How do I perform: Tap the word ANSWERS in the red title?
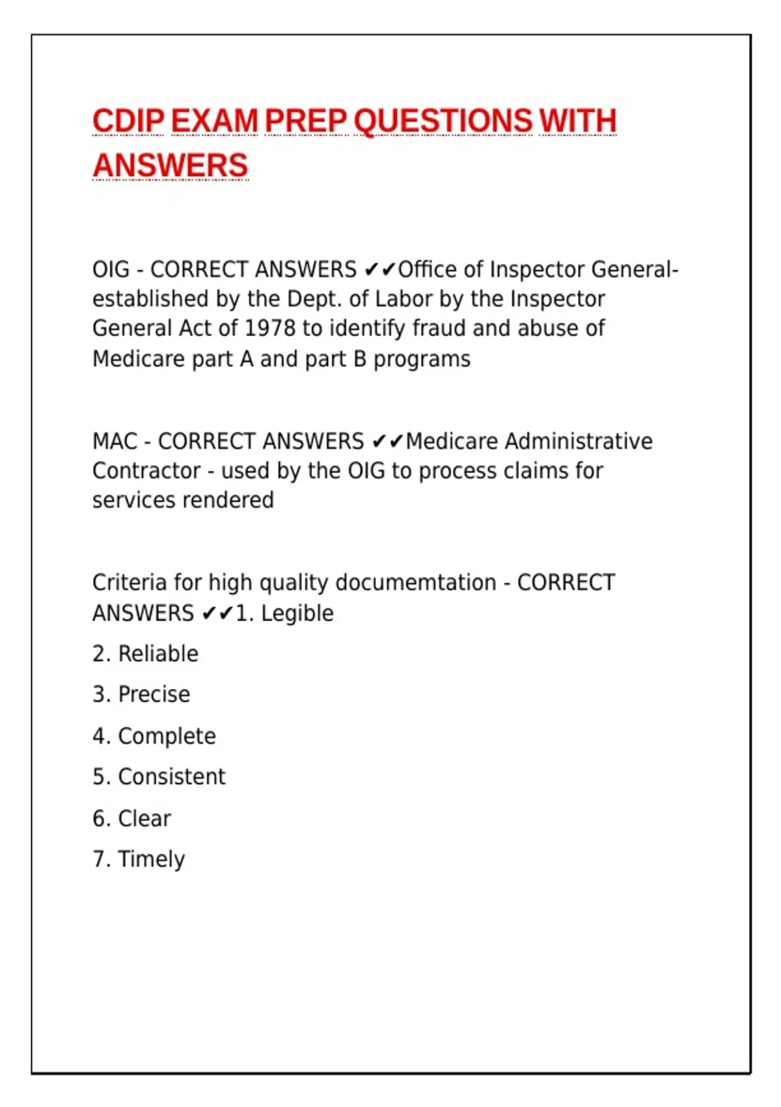click(x=171, y=165)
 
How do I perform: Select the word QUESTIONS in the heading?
click(x=443, y=121)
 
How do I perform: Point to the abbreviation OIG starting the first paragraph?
click(x=111, y=270)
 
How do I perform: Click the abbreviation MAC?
click(x=115, y=441)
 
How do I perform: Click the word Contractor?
click(x=146, y=471)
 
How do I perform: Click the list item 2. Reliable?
click(x=145, y=654)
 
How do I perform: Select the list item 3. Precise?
click(x=141, y=695)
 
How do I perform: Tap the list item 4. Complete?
click(x=154, y=736)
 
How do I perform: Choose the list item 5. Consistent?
click(x=159, y=777)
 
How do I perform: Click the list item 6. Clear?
click(x=131, y=819)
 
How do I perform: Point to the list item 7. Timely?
click(x=139, y=860)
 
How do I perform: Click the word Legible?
click(x=297, y=613)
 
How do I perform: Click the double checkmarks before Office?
click(x=380, y=270)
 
